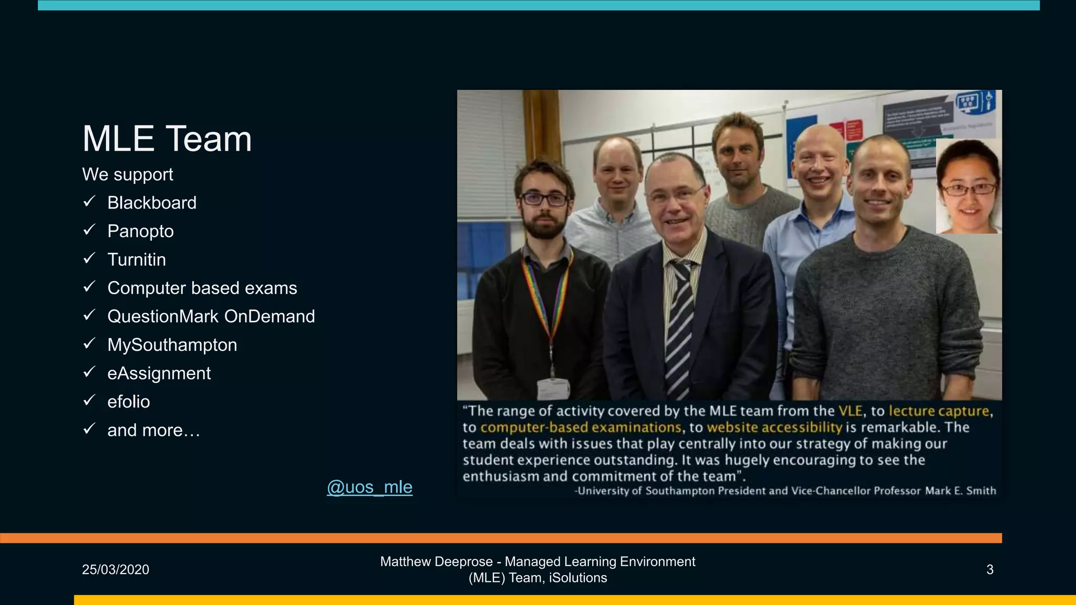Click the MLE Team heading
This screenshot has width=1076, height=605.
click(x=167, y=139)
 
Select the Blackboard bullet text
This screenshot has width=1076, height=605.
click(x=152, y=203)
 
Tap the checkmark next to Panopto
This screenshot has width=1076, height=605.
click(x=89, y=230)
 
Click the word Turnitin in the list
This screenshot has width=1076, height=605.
click(x=137, y=259)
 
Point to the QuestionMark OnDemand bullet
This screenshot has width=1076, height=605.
click(x=211, y=316)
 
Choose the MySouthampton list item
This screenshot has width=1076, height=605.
click(x=172, y=345)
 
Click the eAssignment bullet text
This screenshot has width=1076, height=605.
click(x=159, y=373)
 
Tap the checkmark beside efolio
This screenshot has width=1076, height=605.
click(x=89, y=401)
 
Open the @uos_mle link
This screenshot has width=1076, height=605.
click(x=369, y=487)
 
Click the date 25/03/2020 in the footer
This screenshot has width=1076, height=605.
click(x=116, y=570)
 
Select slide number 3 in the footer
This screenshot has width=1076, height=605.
click(x=990, y=570)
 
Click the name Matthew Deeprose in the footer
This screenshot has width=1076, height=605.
click(x=436, y=562)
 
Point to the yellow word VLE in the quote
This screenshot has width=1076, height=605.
click(x=850, y=411)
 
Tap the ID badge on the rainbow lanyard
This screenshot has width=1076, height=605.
click(x=553, y=388)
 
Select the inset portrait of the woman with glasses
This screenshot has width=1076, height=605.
click(x=968, y=186)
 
